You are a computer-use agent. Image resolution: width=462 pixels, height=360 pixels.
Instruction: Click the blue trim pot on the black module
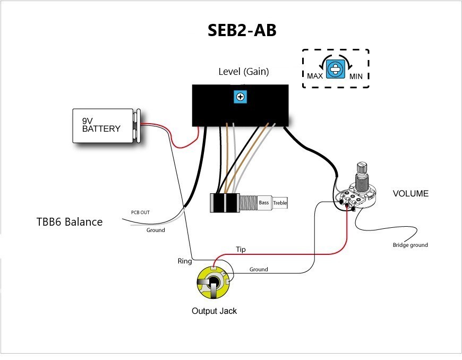[x=241, y=96]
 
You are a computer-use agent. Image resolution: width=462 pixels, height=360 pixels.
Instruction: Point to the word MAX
[x=315, y=76]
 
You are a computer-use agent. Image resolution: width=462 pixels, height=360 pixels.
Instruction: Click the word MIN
[x=356, y=76]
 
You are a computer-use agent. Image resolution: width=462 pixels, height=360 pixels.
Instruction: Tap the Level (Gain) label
[x=244, y=71]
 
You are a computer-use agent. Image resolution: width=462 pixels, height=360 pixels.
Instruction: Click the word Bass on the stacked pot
[x=264, y=203]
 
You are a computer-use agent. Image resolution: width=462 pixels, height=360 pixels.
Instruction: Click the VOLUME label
[x=410, y=194]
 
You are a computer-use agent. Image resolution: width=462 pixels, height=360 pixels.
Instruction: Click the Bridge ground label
[x=410, y=245]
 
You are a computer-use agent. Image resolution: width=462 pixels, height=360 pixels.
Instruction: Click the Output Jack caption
[x=214, y=311]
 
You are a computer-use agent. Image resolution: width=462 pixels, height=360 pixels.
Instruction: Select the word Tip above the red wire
[x=241, y=249]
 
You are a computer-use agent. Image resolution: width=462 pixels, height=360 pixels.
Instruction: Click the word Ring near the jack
[x=184, y=261]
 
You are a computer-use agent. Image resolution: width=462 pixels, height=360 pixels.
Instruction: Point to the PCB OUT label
[x=140, y=212]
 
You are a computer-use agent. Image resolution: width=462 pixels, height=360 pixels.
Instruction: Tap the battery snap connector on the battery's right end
[x=137, y=126]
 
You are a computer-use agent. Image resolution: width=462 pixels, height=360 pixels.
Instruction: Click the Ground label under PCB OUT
[x=156, y=230]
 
